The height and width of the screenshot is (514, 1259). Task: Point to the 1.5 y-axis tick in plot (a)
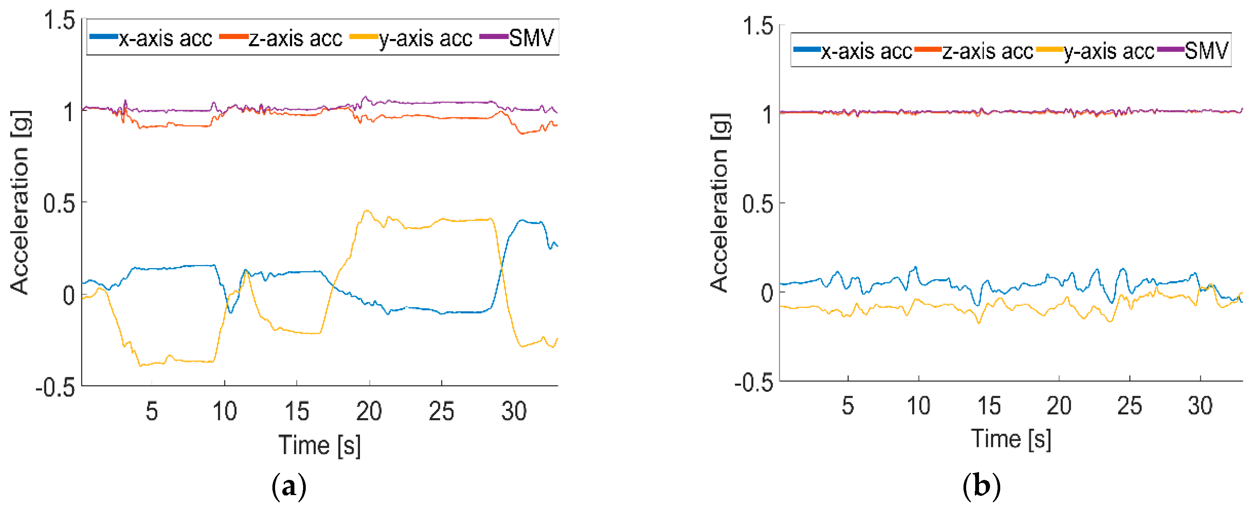[x=59, y=21]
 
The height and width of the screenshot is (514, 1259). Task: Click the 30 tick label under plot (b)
[x=1200, y=406]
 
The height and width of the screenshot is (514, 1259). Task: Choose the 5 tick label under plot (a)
[x=152, y=411]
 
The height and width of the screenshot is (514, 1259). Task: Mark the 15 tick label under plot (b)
[x=989, y=406]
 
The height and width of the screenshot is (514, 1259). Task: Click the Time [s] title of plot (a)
[x=320, y=445]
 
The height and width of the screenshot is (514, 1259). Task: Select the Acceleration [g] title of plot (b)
[x=720, y=203]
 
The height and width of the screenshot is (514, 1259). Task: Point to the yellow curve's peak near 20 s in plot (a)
[x=366, y=211]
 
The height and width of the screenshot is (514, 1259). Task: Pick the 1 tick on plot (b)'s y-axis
[x=767, y=115]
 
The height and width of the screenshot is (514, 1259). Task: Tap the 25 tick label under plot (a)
[x=441, y=411]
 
